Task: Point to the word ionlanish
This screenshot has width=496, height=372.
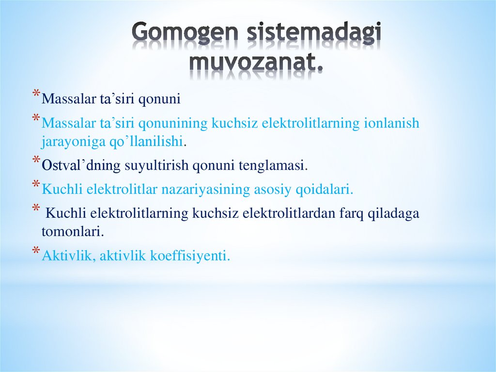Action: (x=391, y=124)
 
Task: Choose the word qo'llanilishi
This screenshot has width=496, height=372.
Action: (x=150, y=142)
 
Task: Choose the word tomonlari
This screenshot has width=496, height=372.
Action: (x=73, y=232)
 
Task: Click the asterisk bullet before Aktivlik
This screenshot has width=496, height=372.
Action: (x=36, y=251)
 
